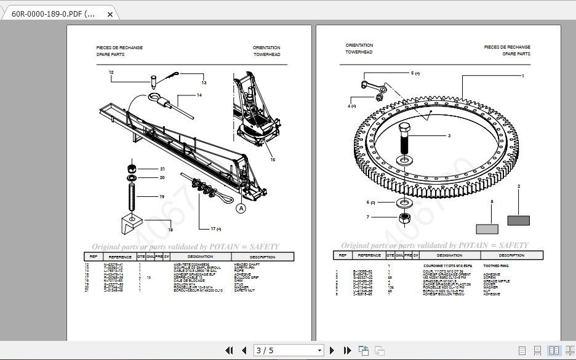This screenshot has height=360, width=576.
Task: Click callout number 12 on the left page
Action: coord(111,73)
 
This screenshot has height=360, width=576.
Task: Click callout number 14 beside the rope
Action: coord(199,95)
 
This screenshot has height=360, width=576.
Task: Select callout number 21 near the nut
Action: coord(162,169)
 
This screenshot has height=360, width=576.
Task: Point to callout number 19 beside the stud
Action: coord(162,197)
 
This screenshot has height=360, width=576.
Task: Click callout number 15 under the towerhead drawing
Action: coord(273,160)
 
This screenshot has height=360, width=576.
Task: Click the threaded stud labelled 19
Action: coord(131,197)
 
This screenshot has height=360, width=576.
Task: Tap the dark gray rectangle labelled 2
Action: coord(518,220)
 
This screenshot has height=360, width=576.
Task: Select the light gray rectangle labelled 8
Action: coord(487,229)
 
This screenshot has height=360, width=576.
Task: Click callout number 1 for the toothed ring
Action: coord(522,76)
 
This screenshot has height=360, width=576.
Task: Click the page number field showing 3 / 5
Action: coord(289,350)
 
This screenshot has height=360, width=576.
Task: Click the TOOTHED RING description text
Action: coord(495,265)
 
